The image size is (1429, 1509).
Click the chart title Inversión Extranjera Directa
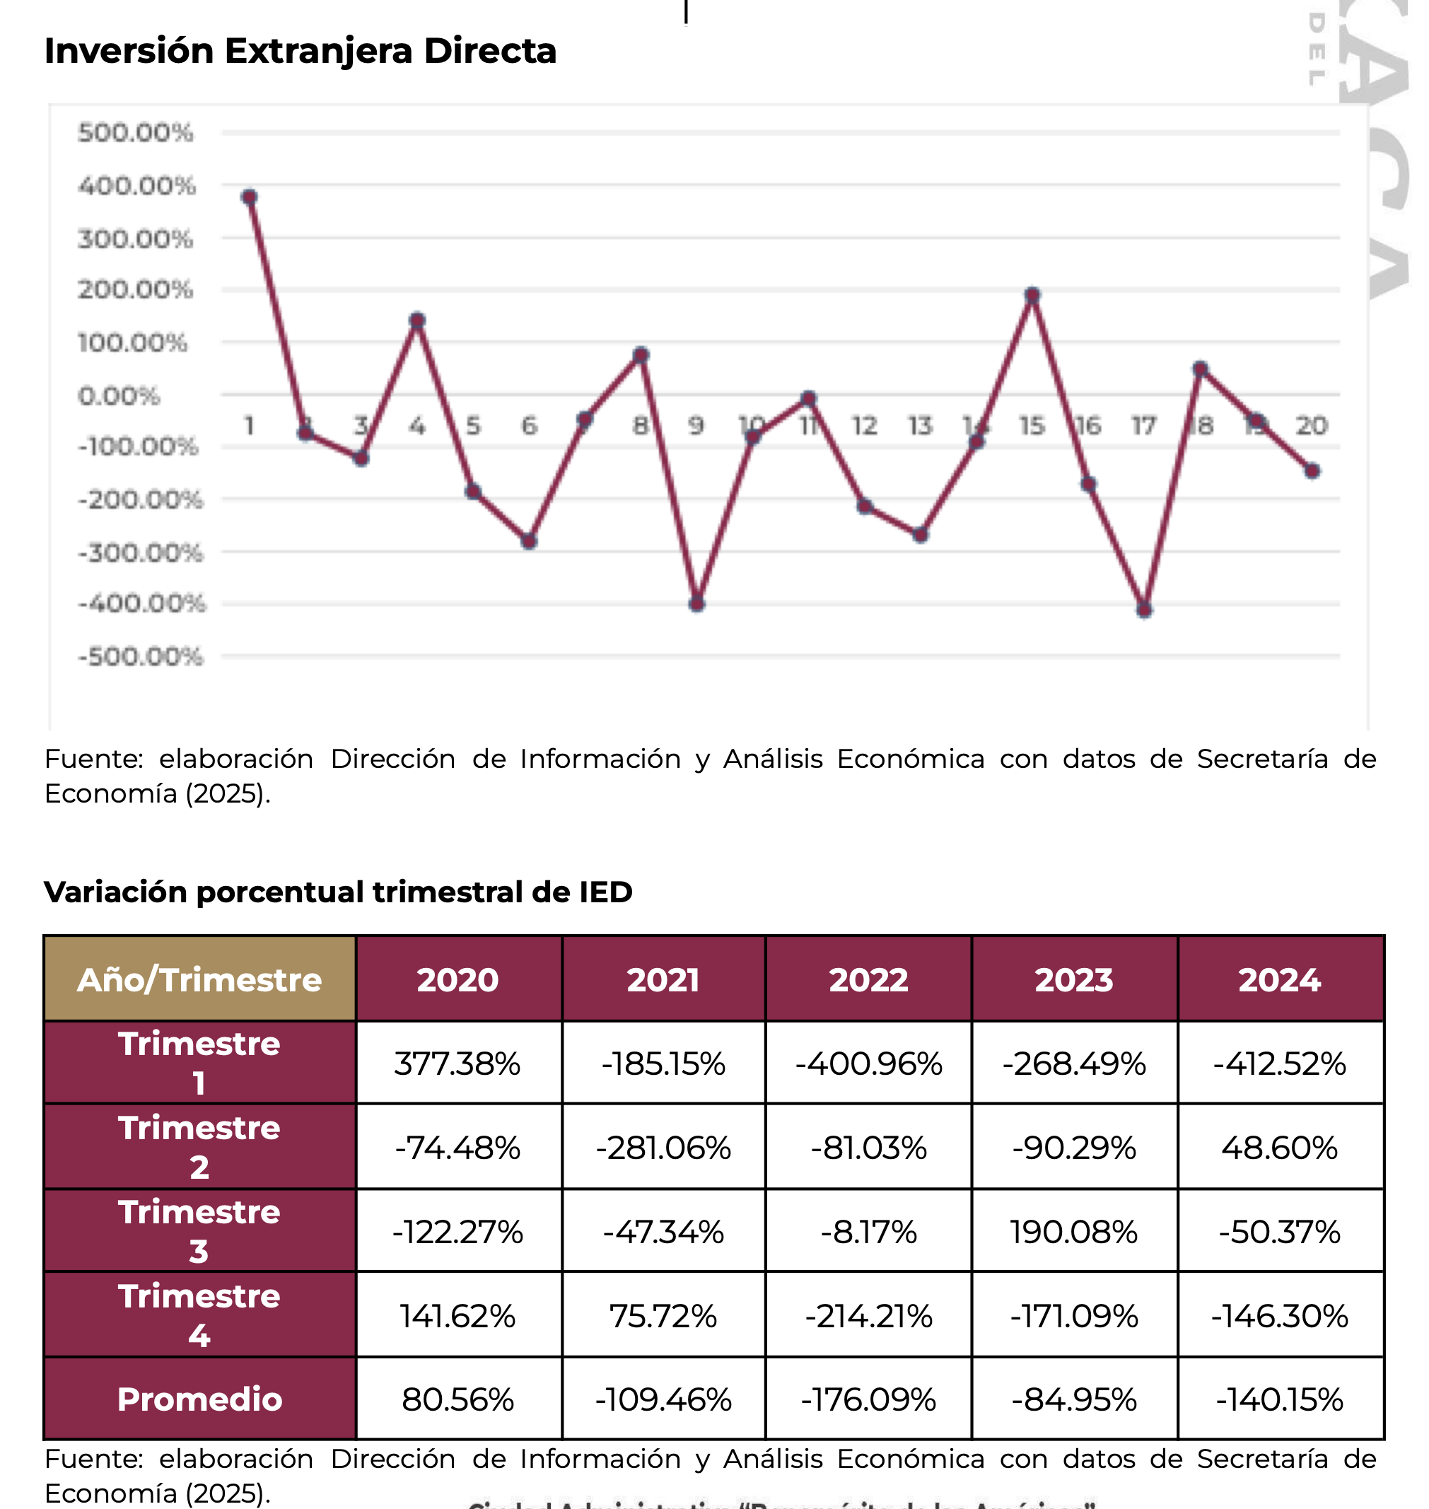(300, 51)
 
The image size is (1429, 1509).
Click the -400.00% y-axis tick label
(141, 603)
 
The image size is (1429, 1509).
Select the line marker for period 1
(249, 197)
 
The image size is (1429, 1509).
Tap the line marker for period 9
(696, 604)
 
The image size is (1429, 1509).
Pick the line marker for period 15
(1032, 296)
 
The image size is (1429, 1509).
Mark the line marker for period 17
(1143, 610)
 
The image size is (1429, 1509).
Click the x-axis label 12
(864, 425)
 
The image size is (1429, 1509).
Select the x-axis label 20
(1312, 425)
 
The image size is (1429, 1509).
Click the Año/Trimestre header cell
(199, 979)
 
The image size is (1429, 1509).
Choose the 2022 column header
(868, 979)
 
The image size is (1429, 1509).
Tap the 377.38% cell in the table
(457, 1064)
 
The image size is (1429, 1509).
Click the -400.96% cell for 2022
(868, 1064)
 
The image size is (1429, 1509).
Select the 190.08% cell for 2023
(1074, 1232)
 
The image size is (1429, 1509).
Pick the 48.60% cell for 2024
(1280, 1148)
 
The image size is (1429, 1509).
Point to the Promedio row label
(199, 1399)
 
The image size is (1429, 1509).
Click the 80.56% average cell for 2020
(457, 1399)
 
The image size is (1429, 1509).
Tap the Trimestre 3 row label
(199, 1232)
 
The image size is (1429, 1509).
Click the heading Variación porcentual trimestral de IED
(338, 892)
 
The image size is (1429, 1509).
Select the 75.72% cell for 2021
(663, 1316)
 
